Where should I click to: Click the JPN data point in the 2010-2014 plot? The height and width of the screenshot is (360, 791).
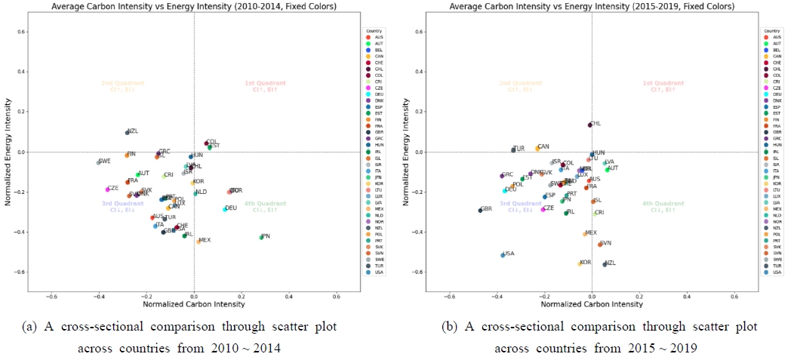(261, 237)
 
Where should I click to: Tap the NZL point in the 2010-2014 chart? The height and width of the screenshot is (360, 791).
(127, 133)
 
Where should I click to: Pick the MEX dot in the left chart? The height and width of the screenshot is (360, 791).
(199, 242)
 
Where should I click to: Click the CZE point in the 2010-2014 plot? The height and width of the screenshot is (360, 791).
(107, 189)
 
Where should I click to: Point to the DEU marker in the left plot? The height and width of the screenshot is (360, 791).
(225, 209)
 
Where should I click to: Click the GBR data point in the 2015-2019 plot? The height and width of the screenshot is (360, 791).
(480, 210)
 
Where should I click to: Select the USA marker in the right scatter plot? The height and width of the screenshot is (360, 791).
(503, 255)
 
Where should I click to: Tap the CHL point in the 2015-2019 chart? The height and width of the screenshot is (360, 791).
(589, 125)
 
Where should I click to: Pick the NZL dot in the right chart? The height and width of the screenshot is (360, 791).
(605, 264)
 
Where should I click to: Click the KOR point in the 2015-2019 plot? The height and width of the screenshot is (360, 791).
(580, 263)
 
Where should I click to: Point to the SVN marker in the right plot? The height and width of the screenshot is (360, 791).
(599, 245)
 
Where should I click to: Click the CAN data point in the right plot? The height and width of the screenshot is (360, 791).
(537, 149)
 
